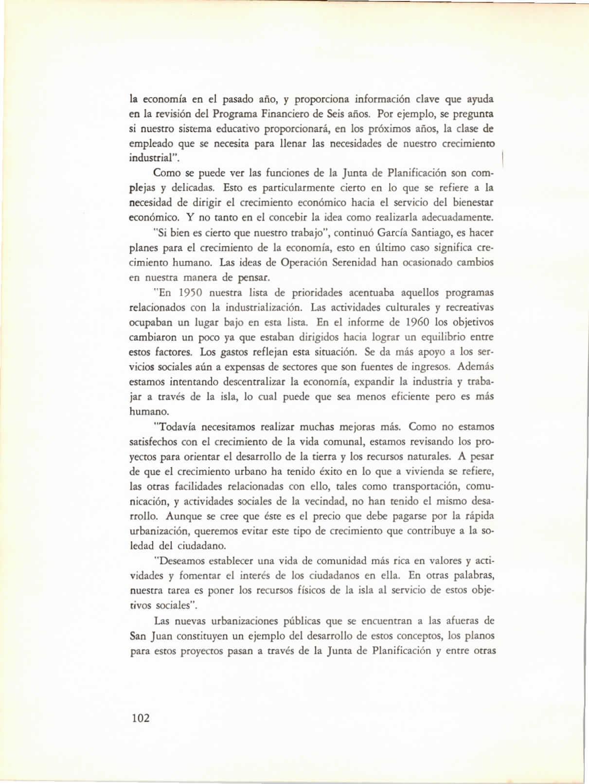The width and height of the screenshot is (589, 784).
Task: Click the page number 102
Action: [x=140, y=718]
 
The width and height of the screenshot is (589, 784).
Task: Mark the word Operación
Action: [x=304, y=263]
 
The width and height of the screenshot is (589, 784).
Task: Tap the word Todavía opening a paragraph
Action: [x=175, y=427]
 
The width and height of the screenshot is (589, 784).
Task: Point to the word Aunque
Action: [x=186, y=516]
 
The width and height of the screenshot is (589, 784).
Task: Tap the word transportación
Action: [x=427, y=486]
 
